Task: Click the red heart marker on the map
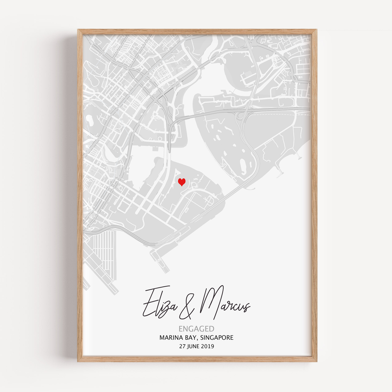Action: (x=182, y=182)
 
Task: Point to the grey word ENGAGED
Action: (x=196, y=329)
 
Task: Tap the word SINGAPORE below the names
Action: (x=218, y=338)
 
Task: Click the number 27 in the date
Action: (x=182, y=346)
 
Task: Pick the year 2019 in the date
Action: (x=208, y=346)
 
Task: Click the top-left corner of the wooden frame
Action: (x=79, y=30)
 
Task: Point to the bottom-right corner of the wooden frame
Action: (x=316, y=361)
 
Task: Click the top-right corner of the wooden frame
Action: (x=316, y=30)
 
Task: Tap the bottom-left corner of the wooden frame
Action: (x=79, y=361)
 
